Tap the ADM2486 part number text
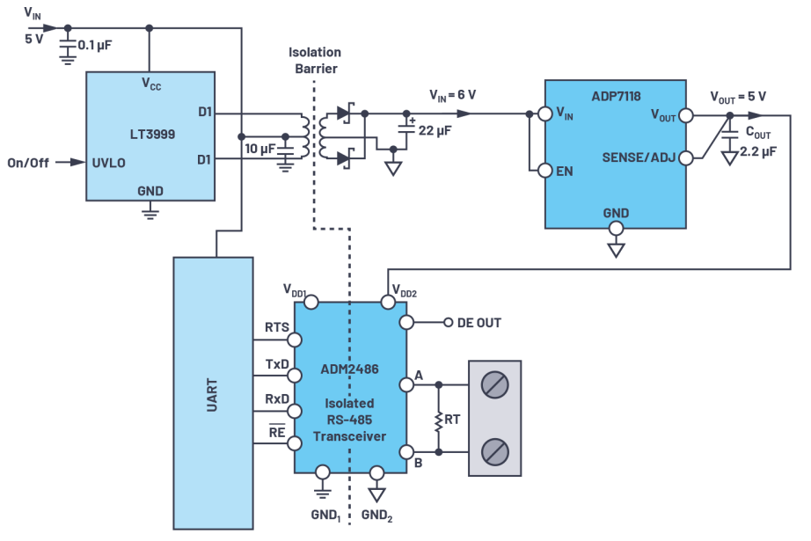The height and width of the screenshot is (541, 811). click(x=350, y=369)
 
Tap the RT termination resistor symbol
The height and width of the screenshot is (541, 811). click(x=437, y=420)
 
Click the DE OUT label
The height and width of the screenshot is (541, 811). click(x=479, y=323)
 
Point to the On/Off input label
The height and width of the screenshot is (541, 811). click(x=29, y=163)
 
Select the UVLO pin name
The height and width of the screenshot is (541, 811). click(x=111, y=163)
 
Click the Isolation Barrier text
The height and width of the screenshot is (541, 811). click(x=313, y=61)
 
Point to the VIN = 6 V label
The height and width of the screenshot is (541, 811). click(x=453, y=94)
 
